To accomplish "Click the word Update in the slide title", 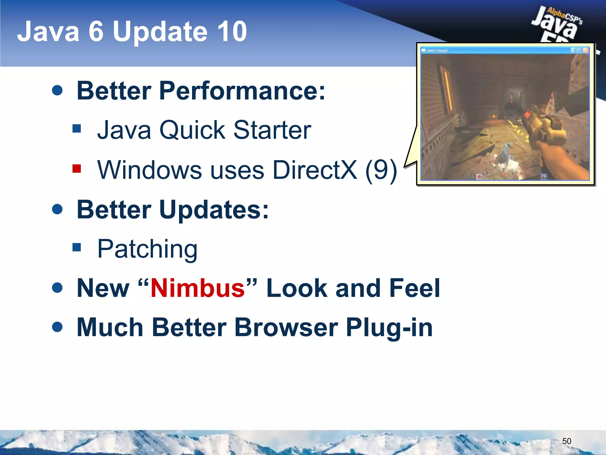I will tap(160, 32).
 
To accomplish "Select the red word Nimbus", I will tap(198, 288).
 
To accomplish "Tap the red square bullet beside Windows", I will tap(77, 169).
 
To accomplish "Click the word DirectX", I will tap(315, 170).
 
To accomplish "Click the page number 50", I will tap(566, 441).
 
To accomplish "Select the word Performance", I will tap(242, 91).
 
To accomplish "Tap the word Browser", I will tap(286, 328).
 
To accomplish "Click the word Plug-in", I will tap(389, 328).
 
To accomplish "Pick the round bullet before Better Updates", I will tap(57, 209).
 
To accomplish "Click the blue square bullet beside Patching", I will tap(77, 247).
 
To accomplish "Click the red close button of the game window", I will tap(585, 50).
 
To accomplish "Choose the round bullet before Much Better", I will tap(57, 327).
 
